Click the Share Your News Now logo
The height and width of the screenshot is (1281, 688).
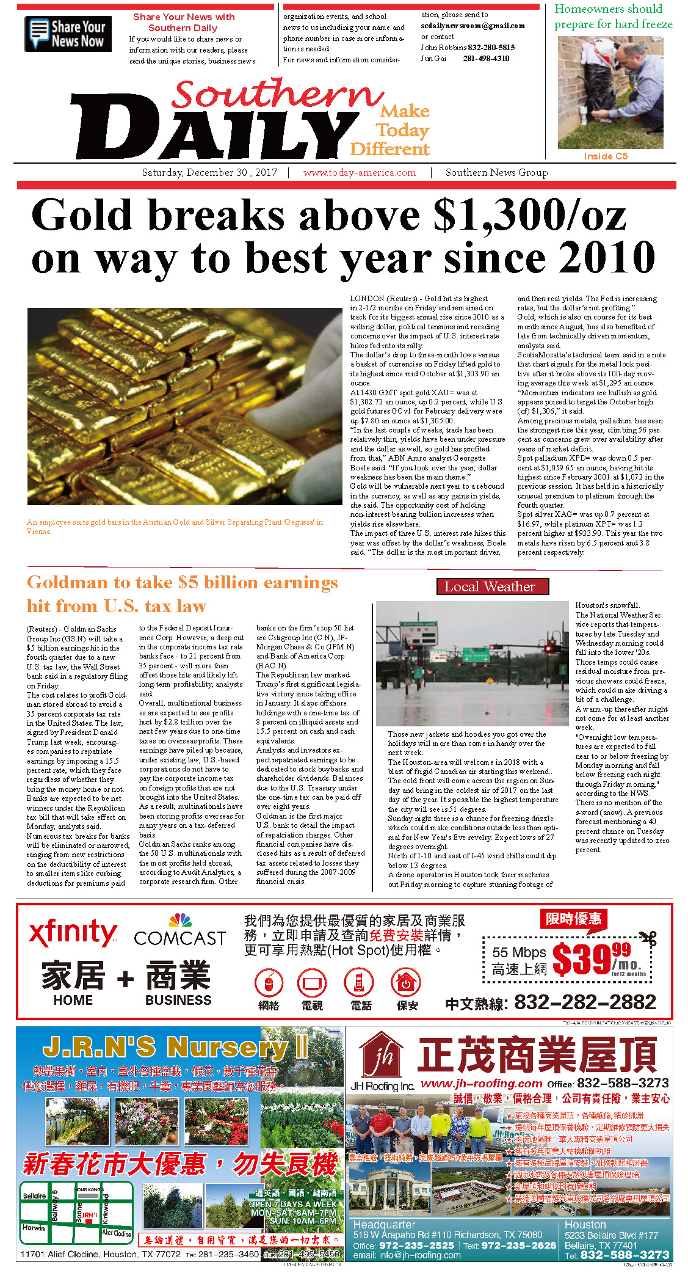click(x=68, y=34)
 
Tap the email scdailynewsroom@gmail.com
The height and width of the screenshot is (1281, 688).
click(x=473, y=26)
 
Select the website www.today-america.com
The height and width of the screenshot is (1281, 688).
click(x=359, y=173)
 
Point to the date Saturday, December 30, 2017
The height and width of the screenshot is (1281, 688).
click(x=209, y=173)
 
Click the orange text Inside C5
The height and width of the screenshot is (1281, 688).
click(x=605, y=156)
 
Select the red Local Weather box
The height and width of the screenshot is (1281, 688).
click(x=492, y=586)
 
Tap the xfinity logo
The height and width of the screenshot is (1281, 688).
click(x=73, y=933)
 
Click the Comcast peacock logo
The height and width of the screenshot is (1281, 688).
click(x=180, y=921)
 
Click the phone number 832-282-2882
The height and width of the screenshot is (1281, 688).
click(x=585, y=1002)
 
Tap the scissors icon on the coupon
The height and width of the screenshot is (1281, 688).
click(x=648, y=938)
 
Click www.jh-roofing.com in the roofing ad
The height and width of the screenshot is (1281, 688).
click(x=481, y=1083)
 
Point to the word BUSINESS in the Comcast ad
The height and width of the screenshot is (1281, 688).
click(x=178, y=1000)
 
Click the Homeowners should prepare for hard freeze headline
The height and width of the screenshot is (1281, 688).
click(x=613, y=16)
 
